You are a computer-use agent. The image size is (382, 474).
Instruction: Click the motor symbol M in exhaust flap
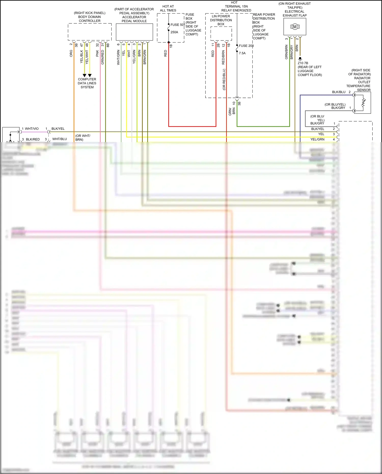(295, 26)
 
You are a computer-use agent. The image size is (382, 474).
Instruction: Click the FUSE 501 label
(178, 25)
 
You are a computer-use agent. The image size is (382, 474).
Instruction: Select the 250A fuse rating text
(174, 32)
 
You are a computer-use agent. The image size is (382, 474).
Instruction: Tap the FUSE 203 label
(246, 46)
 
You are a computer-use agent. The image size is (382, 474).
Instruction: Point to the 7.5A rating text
(242, 53)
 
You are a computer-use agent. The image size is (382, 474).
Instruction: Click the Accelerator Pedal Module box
(134, 32)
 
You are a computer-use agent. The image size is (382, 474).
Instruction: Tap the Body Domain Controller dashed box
(89, 32)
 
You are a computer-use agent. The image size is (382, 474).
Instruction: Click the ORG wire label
(71, 53)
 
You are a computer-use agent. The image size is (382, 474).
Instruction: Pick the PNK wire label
(97, 53)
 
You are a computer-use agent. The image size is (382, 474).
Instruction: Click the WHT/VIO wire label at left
(32, 129)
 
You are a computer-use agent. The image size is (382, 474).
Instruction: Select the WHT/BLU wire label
(60, 139)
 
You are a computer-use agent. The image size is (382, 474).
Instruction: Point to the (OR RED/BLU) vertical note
(224, 79)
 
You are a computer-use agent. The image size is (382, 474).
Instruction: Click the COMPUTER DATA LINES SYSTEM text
(87, 83)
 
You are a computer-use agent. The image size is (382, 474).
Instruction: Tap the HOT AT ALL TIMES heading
(168, 8)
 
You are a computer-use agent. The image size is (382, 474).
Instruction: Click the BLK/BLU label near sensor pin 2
(339, 92)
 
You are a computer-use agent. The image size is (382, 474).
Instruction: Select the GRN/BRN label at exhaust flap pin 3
(286, 52)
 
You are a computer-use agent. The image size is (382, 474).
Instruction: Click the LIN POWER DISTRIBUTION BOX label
(221, 20)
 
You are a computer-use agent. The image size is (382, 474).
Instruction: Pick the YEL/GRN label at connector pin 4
(317, 139)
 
